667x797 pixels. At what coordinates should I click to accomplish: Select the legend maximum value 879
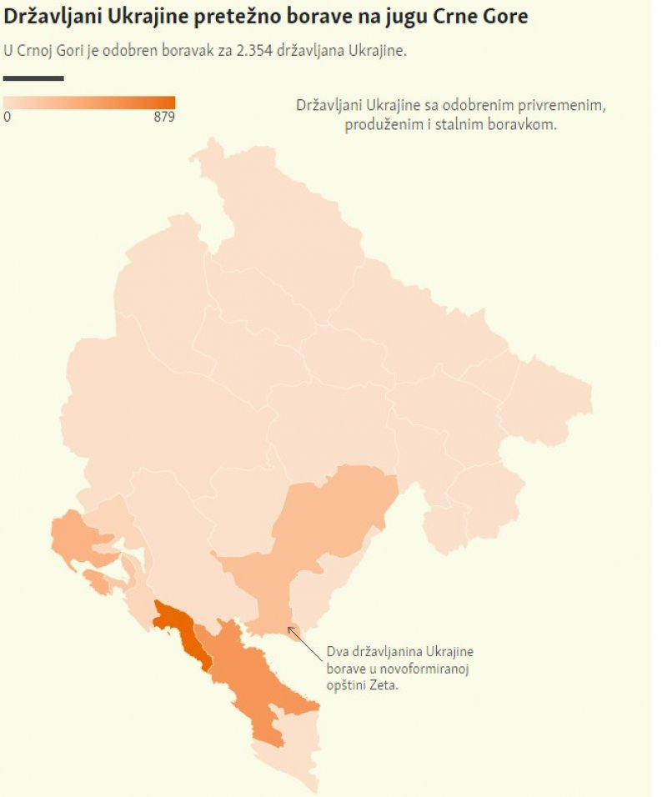pyautogui.click(x=164, y=118)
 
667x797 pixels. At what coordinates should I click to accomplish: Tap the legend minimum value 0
pyautogui.click(x=8, y=118)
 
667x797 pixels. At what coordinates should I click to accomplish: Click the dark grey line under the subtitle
pyautogui.click(x=33, y=78)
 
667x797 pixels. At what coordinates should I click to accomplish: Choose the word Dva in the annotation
pyautogui.click(x=338, y=651)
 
